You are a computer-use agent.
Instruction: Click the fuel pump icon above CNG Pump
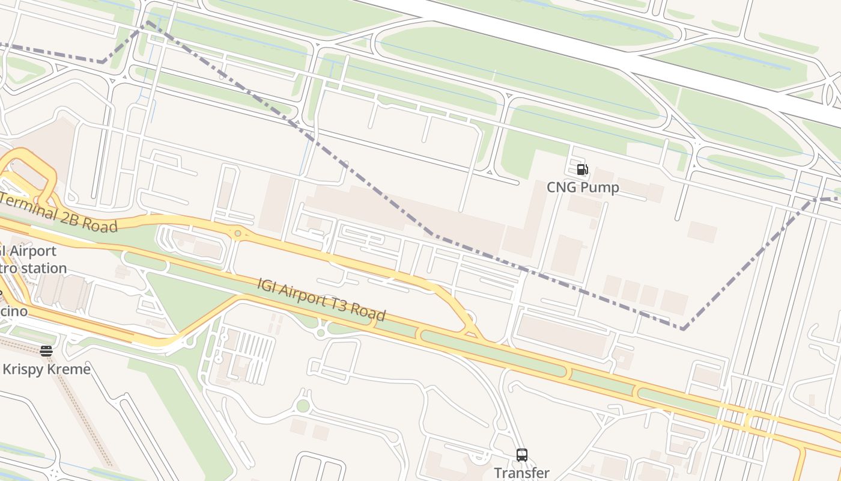click(x=582, y=170)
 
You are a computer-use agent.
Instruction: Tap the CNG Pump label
click(x=582, y=188)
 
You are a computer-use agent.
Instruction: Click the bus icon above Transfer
click(x=521, y=455)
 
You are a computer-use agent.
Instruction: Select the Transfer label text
click(x=521, y=473)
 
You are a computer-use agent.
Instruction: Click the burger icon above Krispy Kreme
click(x=46, y=351)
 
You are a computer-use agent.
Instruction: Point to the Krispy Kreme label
click(x=46, y=369)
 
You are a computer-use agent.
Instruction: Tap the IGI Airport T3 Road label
click(x=321, y=299)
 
